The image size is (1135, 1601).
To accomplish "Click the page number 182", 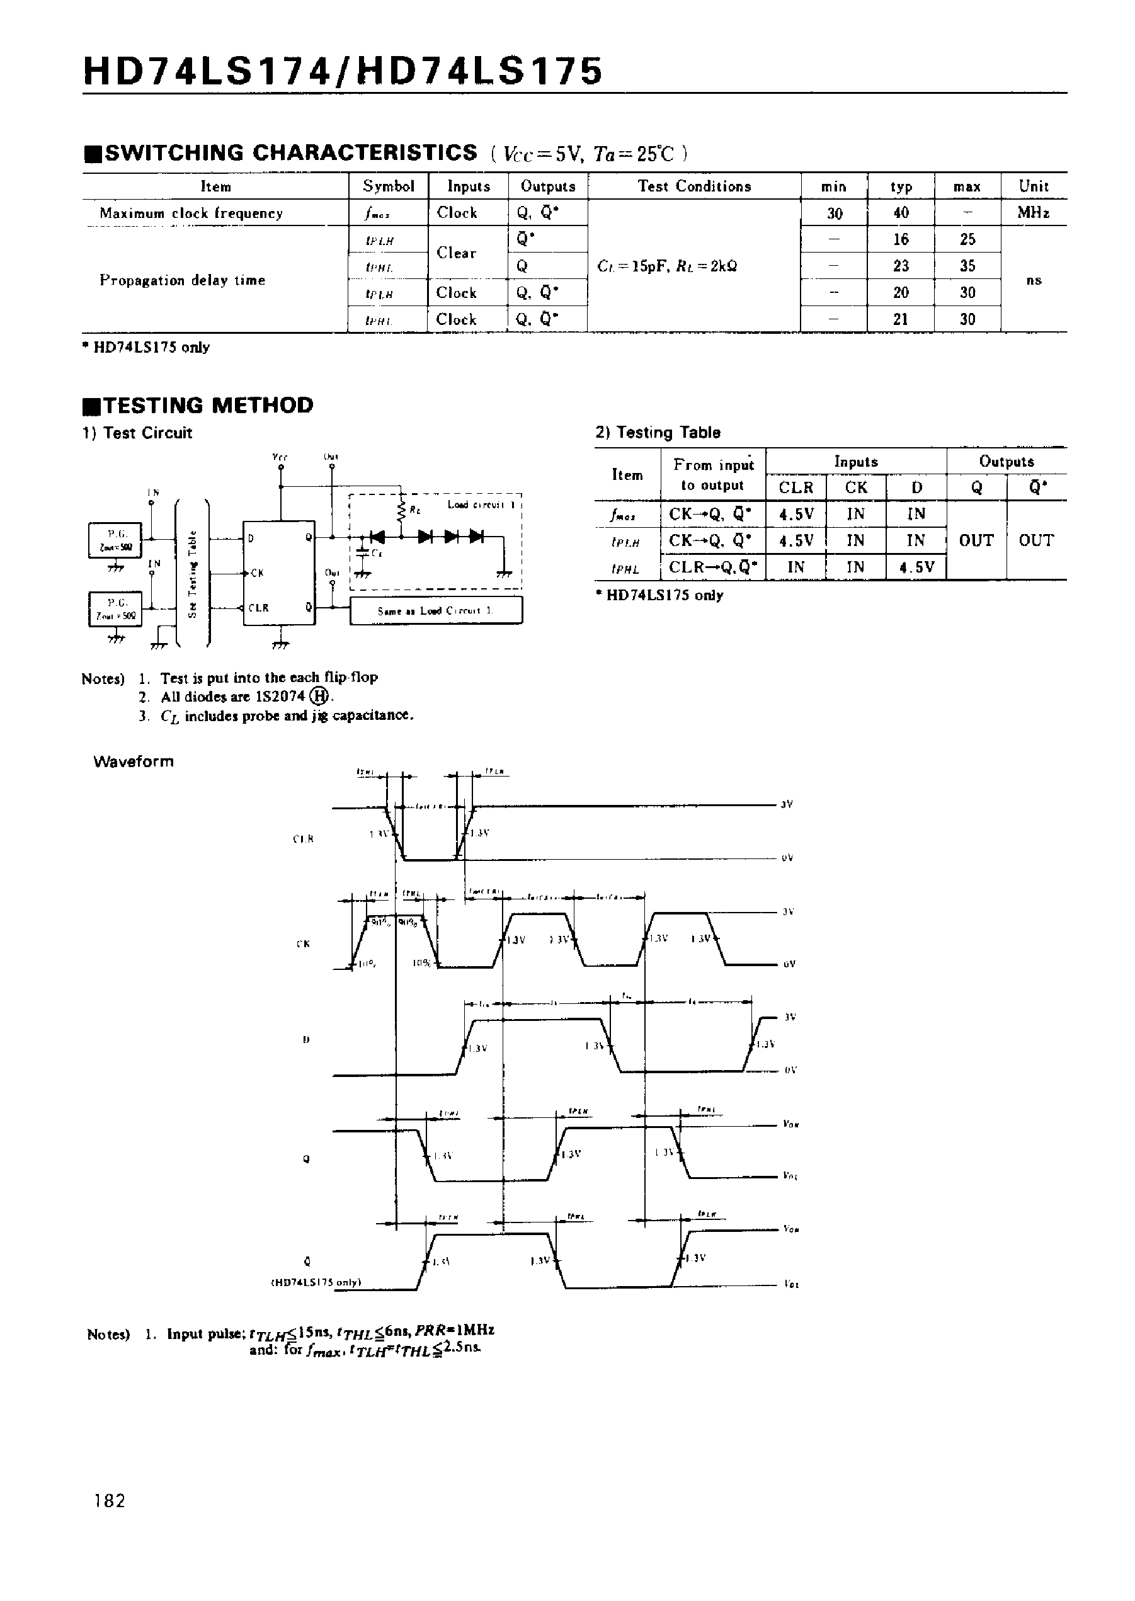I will pyautogui.click(x=110, y=1501).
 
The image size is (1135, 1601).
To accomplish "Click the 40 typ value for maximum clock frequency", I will pyautogui.click(x=901, y=212).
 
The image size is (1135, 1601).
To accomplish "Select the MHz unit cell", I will pyautogui.click(x=1033, y=212).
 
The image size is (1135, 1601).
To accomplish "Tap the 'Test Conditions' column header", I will pyautogui.click(x=694, y=186).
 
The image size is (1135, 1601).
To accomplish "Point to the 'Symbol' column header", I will pyautogui.click(x=389, y=186).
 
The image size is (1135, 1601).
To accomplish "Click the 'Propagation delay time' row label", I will pyautogui.click(x=183, y=280).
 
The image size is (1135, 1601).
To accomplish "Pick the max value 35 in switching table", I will pyautogui.click(x=967, y=266).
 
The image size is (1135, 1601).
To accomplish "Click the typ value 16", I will pyautogui.click(x=901, y=239).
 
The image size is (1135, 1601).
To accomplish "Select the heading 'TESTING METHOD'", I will pyautogui.click(x=208, y=406).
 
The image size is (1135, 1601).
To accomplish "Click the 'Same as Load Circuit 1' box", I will pyautogui.click(x=436, y=611).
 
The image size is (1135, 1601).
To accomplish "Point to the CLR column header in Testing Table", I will pyautogui.click(x=796, y=487).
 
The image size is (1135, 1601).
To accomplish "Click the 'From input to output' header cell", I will pyautogui.click(x=713, y=474).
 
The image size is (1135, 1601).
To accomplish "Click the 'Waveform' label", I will pyautogui.click(x=134, y=761).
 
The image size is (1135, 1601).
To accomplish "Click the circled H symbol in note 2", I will pyautogui.click(x=319, y=697).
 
